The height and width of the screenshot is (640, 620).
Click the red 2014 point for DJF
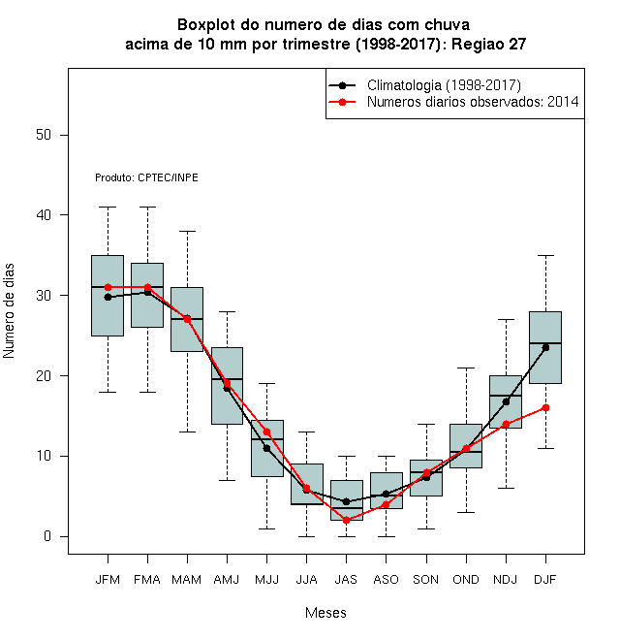click(x=545, y=407)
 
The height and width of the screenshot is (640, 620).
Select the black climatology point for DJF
click(x=545, y=348)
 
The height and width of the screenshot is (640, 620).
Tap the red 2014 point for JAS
click(x=346, y=521)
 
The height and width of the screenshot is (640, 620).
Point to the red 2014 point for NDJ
click(x=507, y=424)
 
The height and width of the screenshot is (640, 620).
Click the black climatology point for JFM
click(x=108, y=297)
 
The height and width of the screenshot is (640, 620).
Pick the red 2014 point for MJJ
click(x=266, y=432)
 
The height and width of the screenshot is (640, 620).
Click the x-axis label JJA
click(x=306, y=580)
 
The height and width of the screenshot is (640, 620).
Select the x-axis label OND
click(x=466, y=580)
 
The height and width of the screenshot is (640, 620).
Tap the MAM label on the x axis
click(x=187, y=580)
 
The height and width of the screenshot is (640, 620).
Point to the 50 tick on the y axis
click(x=44, y=135)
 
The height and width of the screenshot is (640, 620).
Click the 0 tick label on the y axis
click(x=47, y=536)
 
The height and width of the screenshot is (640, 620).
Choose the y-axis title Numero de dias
click(x=9, y=311)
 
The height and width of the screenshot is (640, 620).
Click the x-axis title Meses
click(x=325, y=613)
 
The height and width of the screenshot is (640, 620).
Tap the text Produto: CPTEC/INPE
click(x=146, y=177)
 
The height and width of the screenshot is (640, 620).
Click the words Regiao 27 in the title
click(x=488, y=44)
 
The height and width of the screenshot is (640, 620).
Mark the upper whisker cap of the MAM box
click(x=188, y=231)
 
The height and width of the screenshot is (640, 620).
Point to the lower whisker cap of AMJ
click(x=228, y=480)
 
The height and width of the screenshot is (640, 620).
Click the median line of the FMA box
click(x=147, y=287)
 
